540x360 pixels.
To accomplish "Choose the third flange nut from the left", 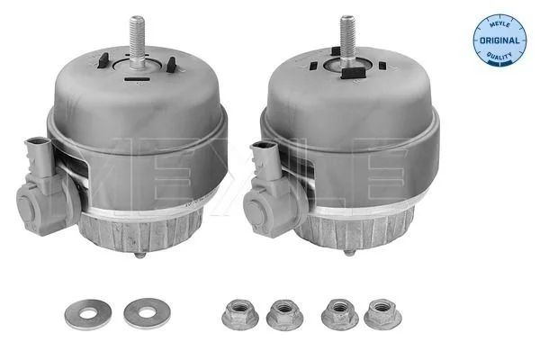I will (x=338, y=313).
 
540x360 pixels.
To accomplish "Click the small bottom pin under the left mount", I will (x=139, y=255).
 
